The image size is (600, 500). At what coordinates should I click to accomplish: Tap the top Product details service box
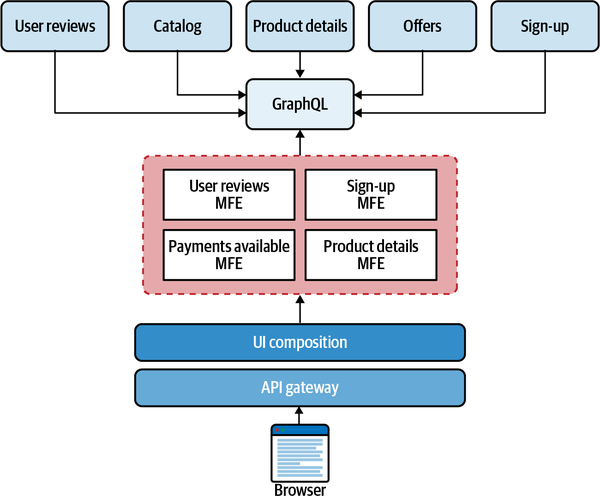click(299, 26)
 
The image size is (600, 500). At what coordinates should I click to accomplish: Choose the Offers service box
click(421, 26)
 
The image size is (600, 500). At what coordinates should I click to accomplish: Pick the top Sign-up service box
click(544, 26)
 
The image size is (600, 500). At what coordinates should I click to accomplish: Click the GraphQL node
click(299, 103)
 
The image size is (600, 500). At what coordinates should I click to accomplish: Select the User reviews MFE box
click(229, 195)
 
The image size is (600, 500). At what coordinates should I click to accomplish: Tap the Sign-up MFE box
click(370, 195)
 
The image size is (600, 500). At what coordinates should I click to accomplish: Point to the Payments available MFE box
click(229, 255)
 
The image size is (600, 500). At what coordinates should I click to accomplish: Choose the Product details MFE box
click(370, 255)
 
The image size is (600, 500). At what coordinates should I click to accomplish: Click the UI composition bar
click(299, 342)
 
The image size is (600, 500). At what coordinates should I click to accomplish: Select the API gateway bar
click(299, 386)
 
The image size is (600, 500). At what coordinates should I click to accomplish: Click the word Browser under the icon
click(300, 490)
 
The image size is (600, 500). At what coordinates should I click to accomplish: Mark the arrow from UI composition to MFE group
click(299, 309)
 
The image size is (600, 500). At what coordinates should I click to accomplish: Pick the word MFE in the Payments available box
click(229, 264)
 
